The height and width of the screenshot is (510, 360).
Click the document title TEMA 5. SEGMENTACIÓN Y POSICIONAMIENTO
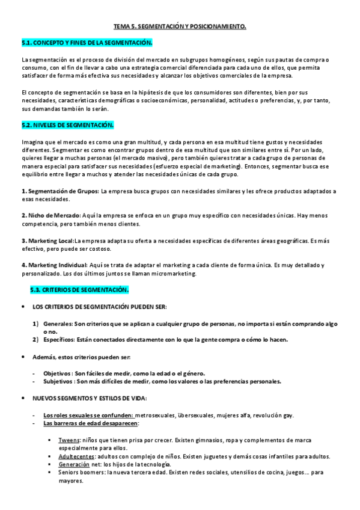coord(180,27)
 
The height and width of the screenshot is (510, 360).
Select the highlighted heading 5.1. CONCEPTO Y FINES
coord(87,44)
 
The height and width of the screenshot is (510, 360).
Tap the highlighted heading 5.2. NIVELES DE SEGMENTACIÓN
coord(67,124)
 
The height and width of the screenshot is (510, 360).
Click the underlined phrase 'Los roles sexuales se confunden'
coord(88,415)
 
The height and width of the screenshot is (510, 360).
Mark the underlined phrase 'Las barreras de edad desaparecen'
coord(91,423)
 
